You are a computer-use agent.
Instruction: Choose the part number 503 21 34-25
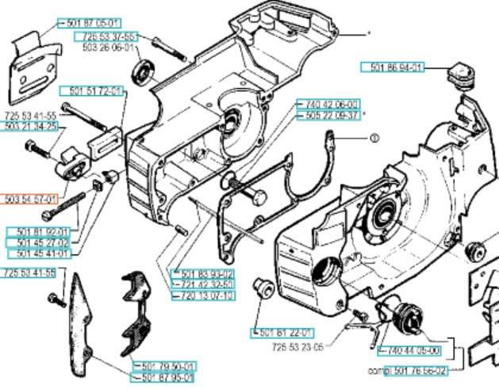tap(29, 126)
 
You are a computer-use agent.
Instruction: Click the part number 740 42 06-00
tap(328, 104)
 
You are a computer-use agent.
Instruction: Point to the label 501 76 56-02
tap(421, 370)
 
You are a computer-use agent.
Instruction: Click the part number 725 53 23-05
tap(297, 347)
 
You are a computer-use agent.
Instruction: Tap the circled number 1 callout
tap(374, 137)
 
